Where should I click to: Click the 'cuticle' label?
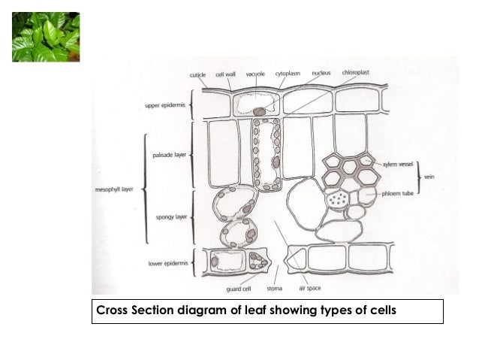[x=197, y=75]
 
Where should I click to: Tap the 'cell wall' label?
[x=225, y=74]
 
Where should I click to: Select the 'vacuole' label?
[x=255, y=74]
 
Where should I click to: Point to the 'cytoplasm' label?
[x=288, y=74]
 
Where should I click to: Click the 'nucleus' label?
[x=321, y=73]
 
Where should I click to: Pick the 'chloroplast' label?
[x=356, y=73]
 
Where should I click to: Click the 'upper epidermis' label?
[x=165, y=105]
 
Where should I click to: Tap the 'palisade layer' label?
[x=169, y=155]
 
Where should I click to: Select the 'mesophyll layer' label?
[x=114, y=189]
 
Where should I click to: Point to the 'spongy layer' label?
[x=171, y=217]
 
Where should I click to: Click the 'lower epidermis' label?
[x=168, y=263]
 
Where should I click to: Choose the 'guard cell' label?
[x=239, y=289]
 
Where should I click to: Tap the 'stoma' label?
[x=275, y=289]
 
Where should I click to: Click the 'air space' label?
[x=310, y=288]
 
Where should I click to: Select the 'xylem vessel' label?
[x=398, y=165]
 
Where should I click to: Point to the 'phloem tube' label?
[x=397, y=194]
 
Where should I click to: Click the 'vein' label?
[x=429, y=177]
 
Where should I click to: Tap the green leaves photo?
[x=46, y=37]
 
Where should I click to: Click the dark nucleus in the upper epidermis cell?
[x=259, y=112]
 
